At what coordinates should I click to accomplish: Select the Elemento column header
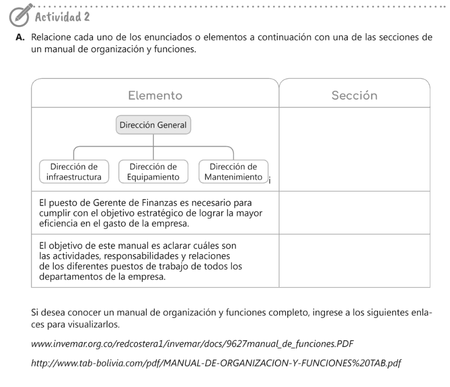pos(155,95)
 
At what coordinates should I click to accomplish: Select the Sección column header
pos(354,95)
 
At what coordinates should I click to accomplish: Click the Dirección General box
pos(153,125)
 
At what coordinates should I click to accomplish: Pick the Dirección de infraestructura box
pos(74,172)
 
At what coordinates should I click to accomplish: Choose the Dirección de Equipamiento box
pos(153,172)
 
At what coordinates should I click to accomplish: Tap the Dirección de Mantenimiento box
pos(233,172)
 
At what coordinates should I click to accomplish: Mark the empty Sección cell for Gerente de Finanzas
pos(354,213)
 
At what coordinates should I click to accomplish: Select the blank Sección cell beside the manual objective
pos(354,261)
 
